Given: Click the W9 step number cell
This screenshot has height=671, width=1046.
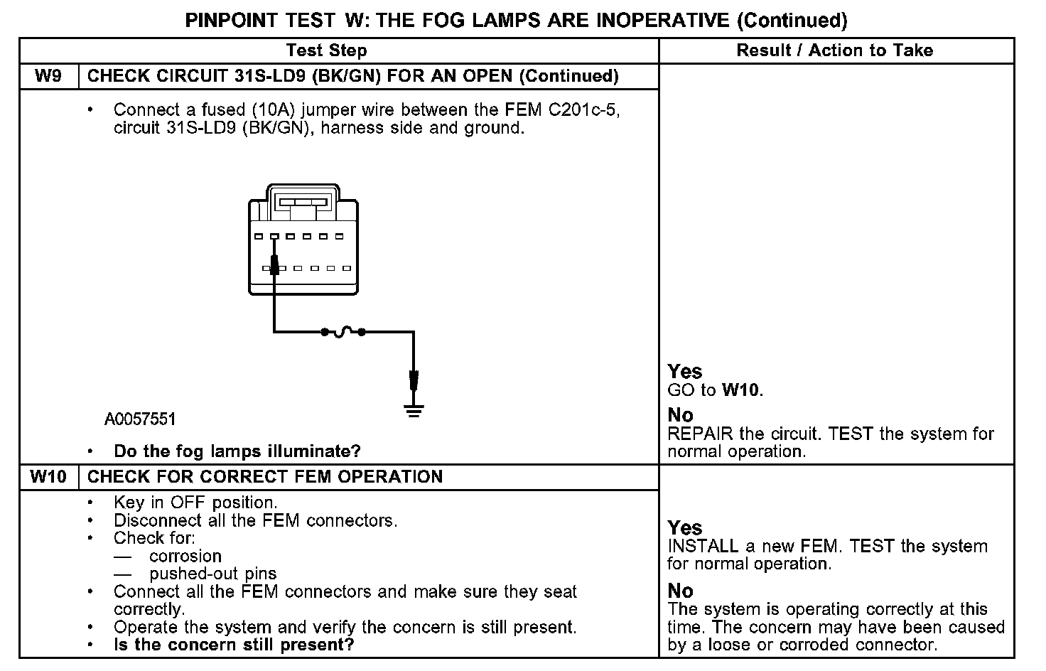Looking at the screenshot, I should (48, 76).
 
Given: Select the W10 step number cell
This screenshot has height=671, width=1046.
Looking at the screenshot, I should (48, 476).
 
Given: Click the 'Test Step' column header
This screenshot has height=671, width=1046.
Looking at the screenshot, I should (326, 50).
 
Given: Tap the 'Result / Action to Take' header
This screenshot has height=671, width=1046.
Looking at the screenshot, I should (834, 50).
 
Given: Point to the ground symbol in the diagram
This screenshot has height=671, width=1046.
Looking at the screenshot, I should (414, 410).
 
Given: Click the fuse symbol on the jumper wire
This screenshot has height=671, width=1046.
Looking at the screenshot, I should (344, 331).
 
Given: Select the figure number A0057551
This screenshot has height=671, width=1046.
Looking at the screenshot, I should (140, 419).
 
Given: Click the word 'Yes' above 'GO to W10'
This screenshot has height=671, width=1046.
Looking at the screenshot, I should (685, 371).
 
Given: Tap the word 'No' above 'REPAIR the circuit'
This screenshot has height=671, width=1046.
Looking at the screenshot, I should (681, 415).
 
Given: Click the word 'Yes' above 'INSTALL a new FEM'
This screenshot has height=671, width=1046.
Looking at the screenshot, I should (685, 527).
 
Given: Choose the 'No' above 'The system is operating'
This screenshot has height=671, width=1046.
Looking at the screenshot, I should (681, 591).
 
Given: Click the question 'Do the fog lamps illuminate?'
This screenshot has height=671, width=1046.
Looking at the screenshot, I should (237, 451).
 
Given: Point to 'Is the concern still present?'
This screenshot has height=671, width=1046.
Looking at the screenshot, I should (234, 645).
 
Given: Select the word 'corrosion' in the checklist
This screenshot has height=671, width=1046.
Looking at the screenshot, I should (185, 556).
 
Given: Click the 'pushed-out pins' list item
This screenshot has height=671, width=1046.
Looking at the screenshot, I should (213, 574).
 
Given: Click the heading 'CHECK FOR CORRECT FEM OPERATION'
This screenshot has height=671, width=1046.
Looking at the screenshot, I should (265, 476).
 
